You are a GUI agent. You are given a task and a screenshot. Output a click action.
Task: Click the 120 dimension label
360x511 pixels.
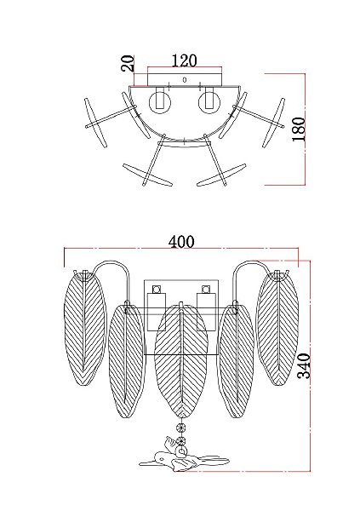pyautogui.click(x=184, y=60)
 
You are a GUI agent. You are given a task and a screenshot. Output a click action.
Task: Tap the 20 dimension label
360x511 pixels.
pyautogui.click(x=128, y=64)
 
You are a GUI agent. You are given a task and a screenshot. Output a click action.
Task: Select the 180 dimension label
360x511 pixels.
pyautogui.click(x=299, y=129)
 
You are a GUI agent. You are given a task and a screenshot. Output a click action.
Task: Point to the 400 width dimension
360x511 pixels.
pyautogui.click(x=181, y=242)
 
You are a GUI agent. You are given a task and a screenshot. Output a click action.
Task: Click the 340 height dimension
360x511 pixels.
pyautogui.click(x=304, y=365)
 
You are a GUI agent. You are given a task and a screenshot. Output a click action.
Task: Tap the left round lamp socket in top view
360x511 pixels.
pyautogui.click(x=160, y=102)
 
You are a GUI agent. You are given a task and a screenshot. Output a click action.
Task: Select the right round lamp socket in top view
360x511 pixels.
pyautogui.click(x=209, y=102)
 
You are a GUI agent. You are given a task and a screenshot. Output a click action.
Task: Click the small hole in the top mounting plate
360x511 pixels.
pyautogui.click(x=185, y=79)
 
